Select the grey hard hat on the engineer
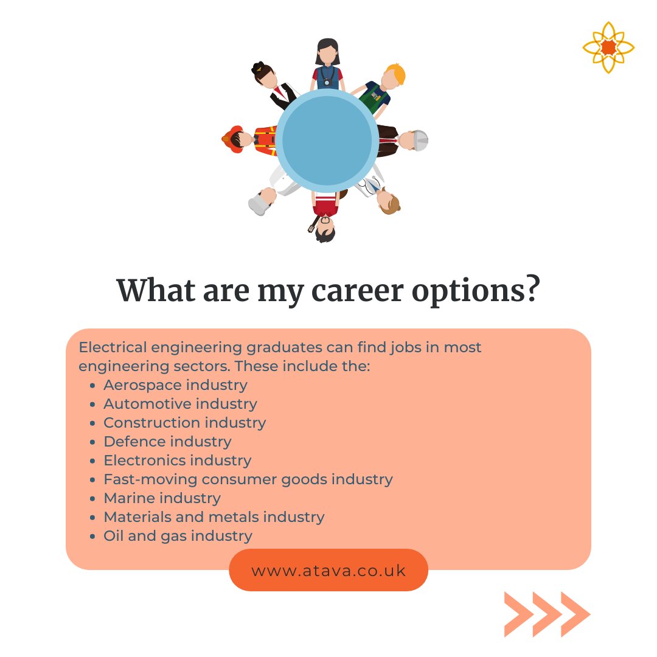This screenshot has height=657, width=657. coord(421,141)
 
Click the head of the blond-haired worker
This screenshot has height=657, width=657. coord(394,77)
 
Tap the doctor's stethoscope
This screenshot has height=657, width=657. coord(369,183)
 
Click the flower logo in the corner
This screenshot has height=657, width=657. coord(608,47)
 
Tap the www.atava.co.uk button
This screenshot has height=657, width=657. coord(328,571)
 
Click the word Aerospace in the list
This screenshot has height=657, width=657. coord(142,385)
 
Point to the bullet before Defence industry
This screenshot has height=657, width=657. coord(92,442)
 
